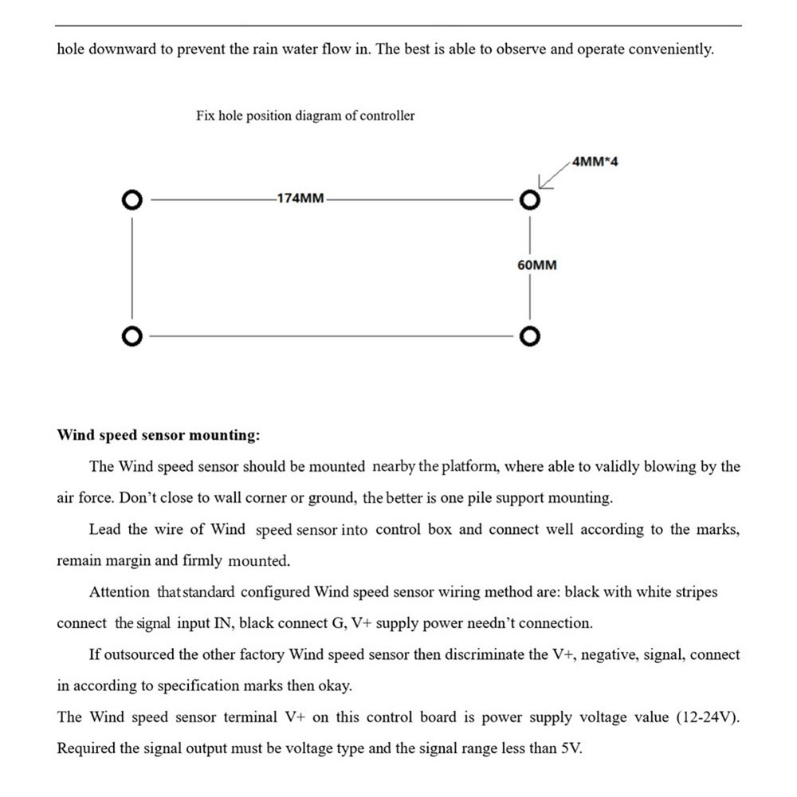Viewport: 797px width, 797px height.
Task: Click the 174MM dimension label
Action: (300, 198)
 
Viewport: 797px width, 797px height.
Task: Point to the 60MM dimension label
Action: (536, 265)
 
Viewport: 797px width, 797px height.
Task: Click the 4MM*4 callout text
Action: (595, 162)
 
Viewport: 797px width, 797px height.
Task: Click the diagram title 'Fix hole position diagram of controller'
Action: (305, 116)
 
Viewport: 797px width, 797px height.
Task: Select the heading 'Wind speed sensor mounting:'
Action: (158, 435)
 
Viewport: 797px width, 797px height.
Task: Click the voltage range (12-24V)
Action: (708, 717)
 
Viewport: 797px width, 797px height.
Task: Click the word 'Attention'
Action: (120, 592)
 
